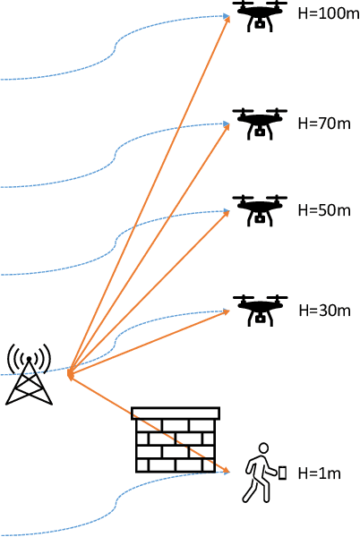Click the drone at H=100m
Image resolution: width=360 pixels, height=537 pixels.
pyautogui.click(x=261, y=14)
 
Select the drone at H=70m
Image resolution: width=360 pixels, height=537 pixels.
pyautogui.click(x=261, y=123)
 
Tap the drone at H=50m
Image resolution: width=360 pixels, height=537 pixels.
pyautogui.click(x=261, y=210)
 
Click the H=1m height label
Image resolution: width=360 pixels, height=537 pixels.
pyautogui.click(x=319, y=473)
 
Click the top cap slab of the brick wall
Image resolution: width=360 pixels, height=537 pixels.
pyautogui.click(x=175, y=413)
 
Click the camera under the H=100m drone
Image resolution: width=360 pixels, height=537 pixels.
pyautogui.click(x=261, y=24)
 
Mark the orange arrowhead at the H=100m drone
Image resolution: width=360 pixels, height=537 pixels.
pyautogui.click(x=228, y=19)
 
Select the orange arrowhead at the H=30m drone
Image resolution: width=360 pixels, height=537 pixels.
pyautogui.click(x=226, y=312)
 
